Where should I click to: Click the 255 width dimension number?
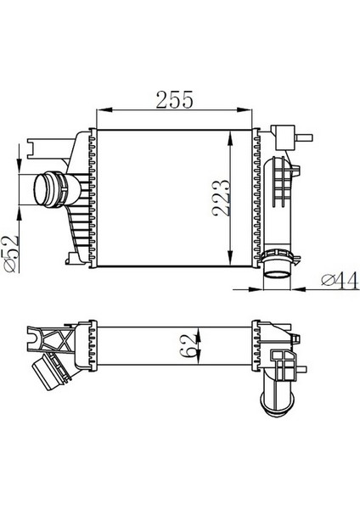pyautogui.click(x=174, y=99)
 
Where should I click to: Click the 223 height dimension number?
pyautogui.click(x=221, y=198)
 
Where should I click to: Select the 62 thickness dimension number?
pyautogui.click(x=188, y=347)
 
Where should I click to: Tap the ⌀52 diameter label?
pyautogui.click(x=10, y=254)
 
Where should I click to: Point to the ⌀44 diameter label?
pyautogui.click(x=340, y=280)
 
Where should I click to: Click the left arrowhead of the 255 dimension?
pyautogui.click(x=104, y=110)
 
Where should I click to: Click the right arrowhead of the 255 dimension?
pyautogui.click(x=245, y=110)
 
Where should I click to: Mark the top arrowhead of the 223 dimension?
pyautogui.click(x=230, y=138)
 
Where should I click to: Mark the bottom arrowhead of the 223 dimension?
pyautogui.click(x=230, y=259)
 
